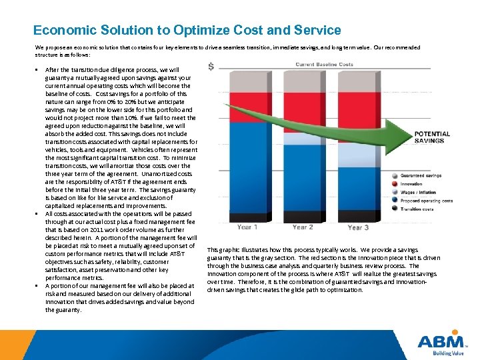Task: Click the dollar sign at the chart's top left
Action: pos(211,67)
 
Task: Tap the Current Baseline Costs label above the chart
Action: pos(325,64)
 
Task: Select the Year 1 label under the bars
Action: pos(247,227)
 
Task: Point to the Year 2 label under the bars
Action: pos(303,227)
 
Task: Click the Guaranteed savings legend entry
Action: pos(420,175)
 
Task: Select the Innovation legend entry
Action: pos(412,183)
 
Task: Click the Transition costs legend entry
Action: pos(417,209)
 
